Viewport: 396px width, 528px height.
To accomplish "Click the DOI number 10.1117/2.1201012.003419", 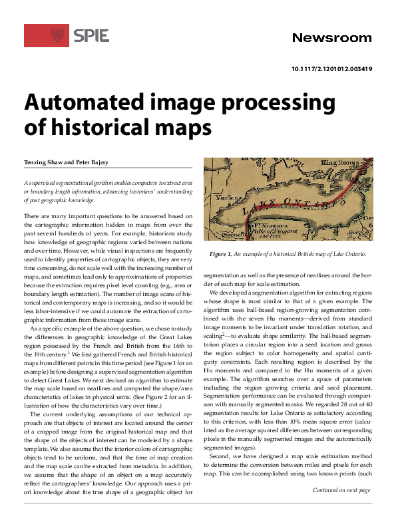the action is tap(331, 69).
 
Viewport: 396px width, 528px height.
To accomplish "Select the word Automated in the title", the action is tap(89, 104).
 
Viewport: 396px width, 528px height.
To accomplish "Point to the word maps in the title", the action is tap(164, 127).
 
